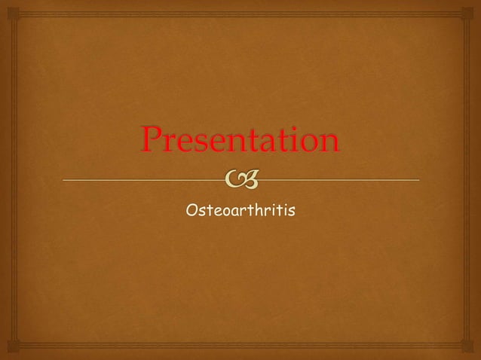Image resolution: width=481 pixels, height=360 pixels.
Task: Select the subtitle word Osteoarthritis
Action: click(240, 213)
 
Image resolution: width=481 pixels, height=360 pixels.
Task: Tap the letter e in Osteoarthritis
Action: click(216, 215)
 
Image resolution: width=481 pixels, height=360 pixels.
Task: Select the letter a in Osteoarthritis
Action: click(233, 215)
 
